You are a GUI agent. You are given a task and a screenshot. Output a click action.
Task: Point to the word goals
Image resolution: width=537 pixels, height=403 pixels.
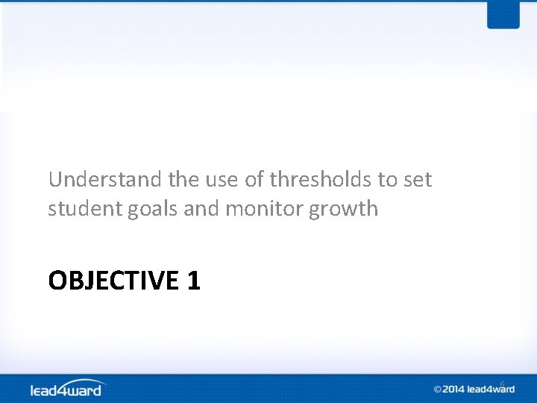coord(156,209)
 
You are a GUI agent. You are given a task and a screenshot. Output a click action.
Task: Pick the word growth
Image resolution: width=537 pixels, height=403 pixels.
coord(345,209)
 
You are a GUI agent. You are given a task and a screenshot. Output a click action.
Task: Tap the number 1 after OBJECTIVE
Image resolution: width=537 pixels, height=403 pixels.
coord(194,281)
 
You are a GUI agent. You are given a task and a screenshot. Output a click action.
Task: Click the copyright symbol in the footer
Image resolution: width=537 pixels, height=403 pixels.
coord(439,389)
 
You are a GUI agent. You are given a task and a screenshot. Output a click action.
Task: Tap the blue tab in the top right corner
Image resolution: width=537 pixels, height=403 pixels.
coord(503,14)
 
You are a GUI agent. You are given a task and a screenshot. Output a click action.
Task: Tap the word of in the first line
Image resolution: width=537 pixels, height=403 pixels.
coord(256,180)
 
